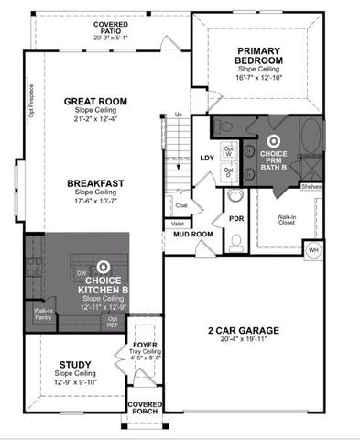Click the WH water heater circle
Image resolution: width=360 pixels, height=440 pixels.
click(x=313, y=248)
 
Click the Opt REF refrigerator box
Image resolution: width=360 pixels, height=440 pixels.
click(x=112, y=321)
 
